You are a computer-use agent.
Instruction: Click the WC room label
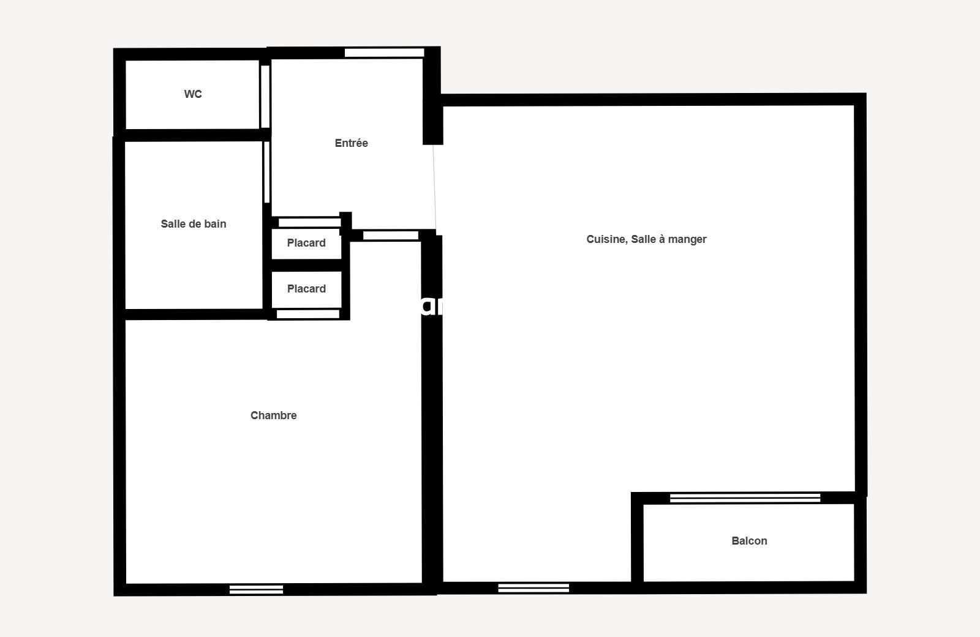(x=193, y=94)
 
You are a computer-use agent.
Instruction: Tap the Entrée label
(x=352, y=143)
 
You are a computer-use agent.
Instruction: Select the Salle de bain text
(x=194, y=224)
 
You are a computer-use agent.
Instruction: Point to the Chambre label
(x=273, y=415)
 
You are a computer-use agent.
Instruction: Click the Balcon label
(x=750, y=541)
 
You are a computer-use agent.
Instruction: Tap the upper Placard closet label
(x=306, y=243)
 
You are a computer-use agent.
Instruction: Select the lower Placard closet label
(x=306, y=289)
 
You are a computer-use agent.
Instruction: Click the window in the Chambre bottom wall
(x=257, y=589)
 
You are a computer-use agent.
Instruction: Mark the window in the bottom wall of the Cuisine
(x=533, y=588)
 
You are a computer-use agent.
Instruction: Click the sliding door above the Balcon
(x=745, y=498)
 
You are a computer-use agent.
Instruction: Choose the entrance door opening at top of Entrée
(x=385, y=53)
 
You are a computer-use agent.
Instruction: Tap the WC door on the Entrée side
(x=265, y=97)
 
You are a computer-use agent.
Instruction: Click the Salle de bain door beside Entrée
(x=267, y=173)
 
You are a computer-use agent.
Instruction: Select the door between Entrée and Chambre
(x=391, y=236)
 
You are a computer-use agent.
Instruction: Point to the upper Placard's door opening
(x=310, y=223)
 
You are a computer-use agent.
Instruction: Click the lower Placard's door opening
(x=308, y=314)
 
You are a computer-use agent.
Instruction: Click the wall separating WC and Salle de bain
(x=192, y=135)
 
